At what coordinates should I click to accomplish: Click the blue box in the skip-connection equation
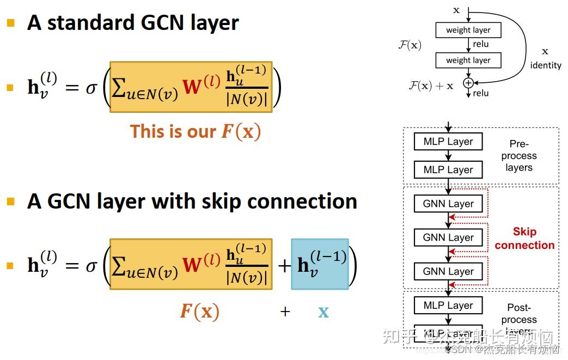320,264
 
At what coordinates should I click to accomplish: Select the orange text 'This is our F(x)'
195,132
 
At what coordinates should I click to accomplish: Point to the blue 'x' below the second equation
323,312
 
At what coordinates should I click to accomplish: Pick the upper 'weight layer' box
468,30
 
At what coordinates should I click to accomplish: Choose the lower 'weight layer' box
468,60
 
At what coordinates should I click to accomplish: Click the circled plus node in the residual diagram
468,83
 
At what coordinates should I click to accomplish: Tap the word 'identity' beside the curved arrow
545,65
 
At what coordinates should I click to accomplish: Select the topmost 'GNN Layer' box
448,204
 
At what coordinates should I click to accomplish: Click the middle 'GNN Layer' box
448,237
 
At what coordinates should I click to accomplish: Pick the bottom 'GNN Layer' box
448,271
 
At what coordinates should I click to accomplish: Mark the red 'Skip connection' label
524,239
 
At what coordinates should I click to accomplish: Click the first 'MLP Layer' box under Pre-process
448,142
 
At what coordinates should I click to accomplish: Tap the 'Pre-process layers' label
519,156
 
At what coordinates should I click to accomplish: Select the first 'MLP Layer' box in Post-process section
448,306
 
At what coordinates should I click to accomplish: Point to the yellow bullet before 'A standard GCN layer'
10,23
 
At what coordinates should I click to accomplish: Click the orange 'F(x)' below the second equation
199,312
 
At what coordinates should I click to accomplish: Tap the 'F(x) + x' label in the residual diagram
431,86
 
